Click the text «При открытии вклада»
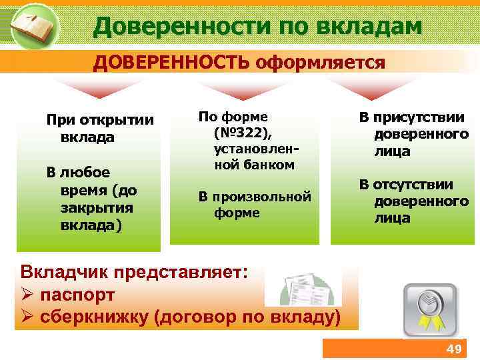pyautogui.click(x=99, y=129)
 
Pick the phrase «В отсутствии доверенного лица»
pyautogui.click(x=413, y=201)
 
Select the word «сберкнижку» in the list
pyautogui.click(x=94, y=317)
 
